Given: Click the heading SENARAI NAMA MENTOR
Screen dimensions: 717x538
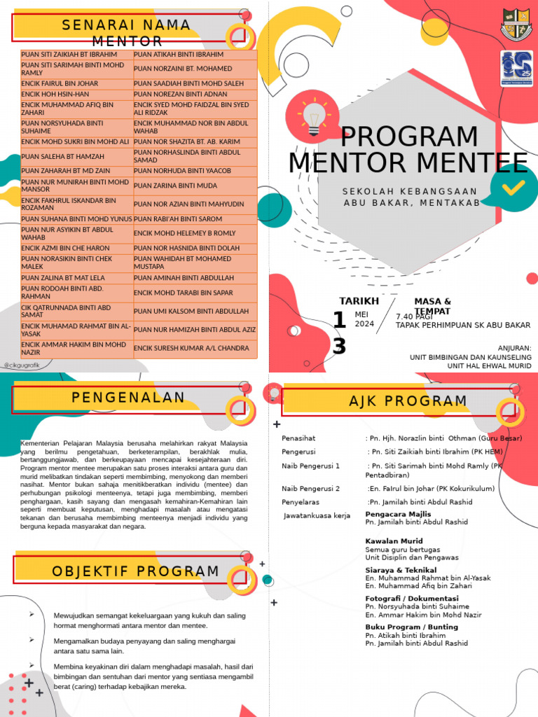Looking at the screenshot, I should point(126,32).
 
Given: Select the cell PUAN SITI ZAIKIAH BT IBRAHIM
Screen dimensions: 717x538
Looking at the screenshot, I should point(69,55).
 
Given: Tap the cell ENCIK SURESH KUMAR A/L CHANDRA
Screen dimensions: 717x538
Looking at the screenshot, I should point(191,348).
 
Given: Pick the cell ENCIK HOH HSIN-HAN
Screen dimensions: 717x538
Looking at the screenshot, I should point(55,94).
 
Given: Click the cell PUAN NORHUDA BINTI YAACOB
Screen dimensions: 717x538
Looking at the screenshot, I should point(182,171).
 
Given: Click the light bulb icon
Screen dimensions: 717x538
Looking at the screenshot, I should point(312,116).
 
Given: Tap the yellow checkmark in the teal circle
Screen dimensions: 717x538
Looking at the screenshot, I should point(513,186).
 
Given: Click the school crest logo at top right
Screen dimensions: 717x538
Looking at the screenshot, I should point(516,25).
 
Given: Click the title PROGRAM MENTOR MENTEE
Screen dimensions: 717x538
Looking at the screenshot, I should point(408,150).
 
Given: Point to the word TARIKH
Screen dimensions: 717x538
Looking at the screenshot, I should point(359,301).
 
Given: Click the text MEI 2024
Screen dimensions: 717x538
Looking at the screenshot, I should point(364,319).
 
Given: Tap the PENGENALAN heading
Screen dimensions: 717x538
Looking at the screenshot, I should point(128,398).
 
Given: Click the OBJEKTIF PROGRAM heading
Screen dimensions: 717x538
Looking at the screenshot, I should point(135,571).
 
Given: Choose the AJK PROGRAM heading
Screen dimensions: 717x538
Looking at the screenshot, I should point(398,401).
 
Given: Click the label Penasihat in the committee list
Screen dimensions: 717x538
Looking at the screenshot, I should point(299,438).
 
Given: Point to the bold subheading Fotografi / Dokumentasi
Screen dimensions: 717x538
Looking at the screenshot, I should point(411,599).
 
